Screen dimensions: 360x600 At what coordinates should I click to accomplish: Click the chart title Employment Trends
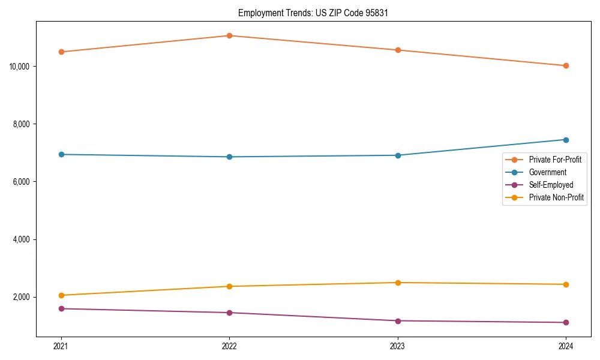(x=313, y=13)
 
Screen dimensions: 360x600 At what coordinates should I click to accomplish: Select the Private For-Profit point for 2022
(x=229, y=35)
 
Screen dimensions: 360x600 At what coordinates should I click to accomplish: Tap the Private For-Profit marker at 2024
(x=566, y=65)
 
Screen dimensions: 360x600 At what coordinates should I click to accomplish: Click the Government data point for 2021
(x=61, y=154)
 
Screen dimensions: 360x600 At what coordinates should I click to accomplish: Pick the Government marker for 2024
(x=566, y=140)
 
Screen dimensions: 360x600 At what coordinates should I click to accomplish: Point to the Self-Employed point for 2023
(x=398, y=320)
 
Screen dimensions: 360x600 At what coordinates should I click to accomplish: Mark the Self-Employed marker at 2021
(x=61, y=308)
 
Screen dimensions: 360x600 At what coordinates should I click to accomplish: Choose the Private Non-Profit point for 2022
(x=229, y=286)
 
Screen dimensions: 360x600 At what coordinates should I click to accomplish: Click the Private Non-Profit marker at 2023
(x=398, y=283)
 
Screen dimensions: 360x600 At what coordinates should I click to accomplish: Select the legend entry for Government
(x=547, y=172)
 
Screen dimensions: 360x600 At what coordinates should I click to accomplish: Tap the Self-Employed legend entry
(x=551, y=185)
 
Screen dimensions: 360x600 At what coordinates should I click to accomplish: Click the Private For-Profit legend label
(x=555, y=160)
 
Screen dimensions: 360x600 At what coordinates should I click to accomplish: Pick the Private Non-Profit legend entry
(x=556, y=197)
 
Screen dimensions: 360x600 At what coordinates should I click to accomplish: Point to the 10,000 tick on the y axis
(x=20, y=66)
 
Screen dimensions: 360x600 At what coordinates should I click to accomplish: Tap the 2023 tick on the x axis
(x=398, y=346)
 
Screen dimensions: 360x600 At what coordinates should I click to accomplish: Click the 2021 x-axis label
(x=61, y=346)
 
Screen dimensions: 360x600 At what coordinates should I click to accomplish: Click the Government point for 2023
(x=398, y=155)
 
